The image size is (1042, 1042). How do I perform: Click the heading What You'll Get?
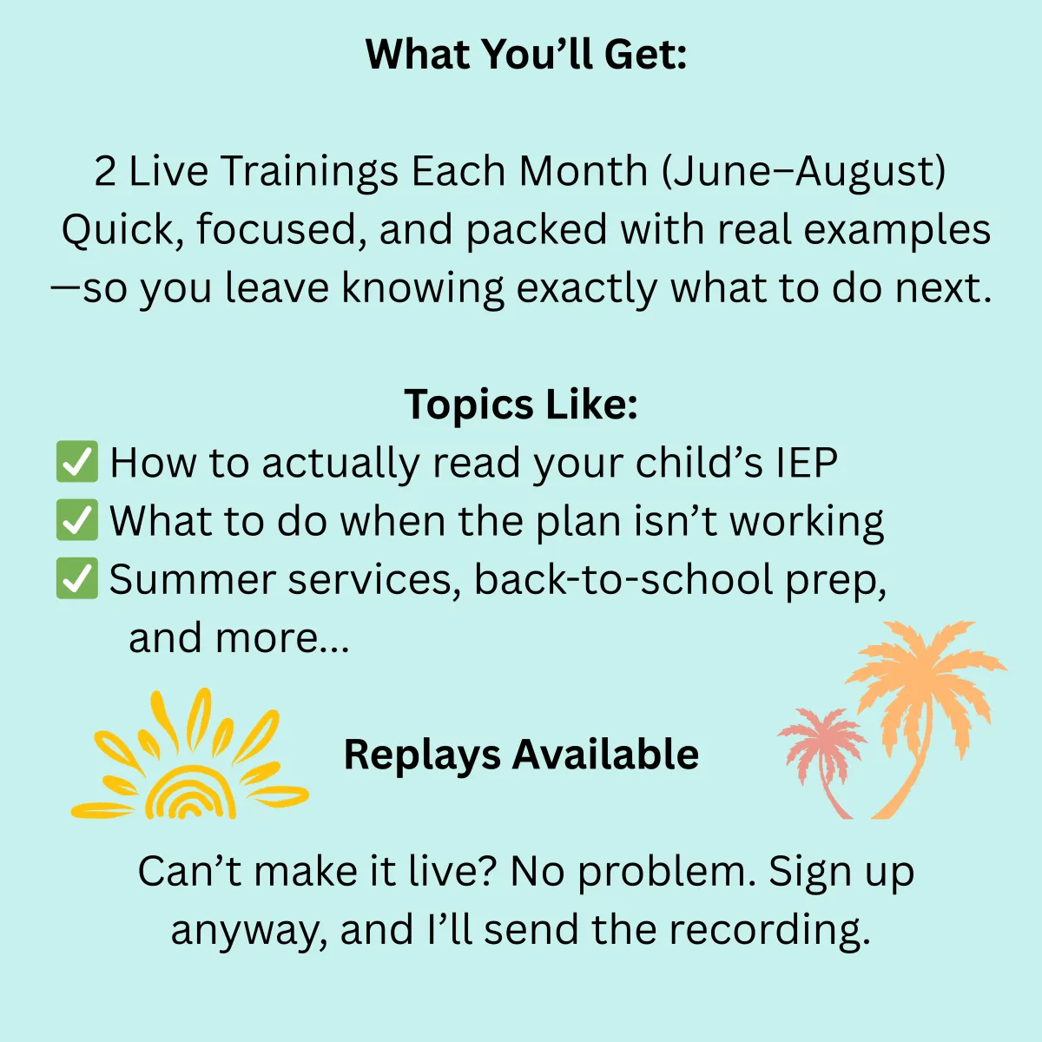525,54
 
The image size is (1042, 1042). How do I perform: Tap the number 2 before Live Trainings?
105,171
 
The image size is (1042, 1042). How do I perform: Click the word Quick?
122,230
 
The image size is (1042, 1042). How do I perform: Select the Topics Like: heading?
521,405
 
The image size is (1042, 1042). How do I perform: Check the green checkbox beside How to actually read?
77,461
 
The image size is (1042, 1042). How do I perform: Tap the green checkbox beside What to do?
77,519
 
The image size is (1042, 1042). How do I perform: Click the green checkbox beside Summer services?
77,578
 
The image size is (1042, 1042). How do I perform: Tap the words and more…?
239,638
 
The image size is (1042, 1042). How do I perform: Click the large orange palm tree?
926,719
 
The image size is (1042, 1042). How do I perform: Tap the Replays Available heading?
521,755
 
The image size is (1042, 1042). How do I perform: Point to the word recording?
770,931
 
